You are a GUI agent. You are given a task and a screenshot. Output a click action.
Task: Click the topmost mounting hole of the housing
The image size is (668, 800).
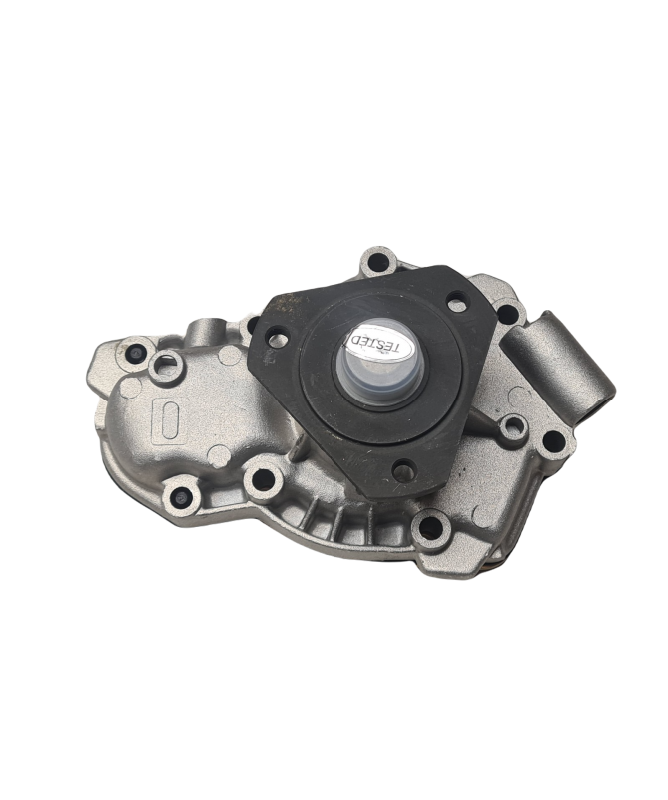(377, 265)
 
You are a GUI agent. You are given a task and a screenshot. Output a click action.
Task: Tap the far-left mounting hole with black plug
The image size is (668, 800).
(135, 352)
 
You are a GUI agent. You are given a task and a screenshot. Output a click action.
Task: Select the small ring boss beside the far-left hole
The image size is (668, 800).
(166, 364)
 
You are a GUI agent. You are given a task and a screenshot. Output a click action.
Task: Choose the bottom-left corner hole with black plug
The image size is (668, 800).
(182, 495)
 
